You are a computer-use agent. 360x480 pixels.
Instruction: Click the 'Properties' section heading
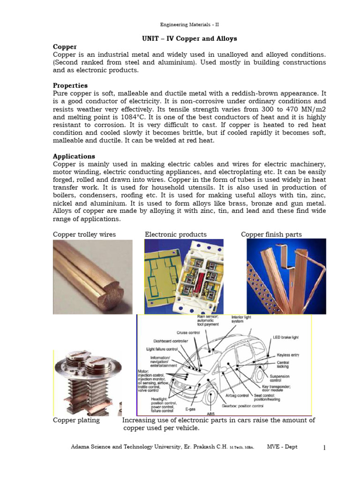coord(70,86)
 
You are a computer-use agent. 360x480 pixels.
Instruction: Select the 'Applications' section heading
coord(74,156)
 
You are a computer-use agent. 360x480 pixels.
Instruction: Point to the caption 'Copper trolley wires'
coord(84,234)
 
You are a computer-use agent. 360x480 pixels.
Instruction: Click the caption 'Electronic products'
coord(176,234)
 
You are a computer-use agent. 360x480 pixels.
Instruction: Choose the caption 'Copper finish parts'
coord(271,234)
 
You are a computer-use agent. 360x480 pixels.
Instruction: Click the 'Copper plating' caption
coord(76,420)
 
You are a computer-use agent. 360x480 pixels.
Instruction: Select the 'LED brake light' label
coord(285,337)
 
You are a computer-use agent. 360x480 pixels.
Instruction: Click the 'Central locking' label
coord(283,364)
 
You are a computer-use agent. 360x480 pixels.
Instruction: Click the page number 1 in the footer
coord(324,448)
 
